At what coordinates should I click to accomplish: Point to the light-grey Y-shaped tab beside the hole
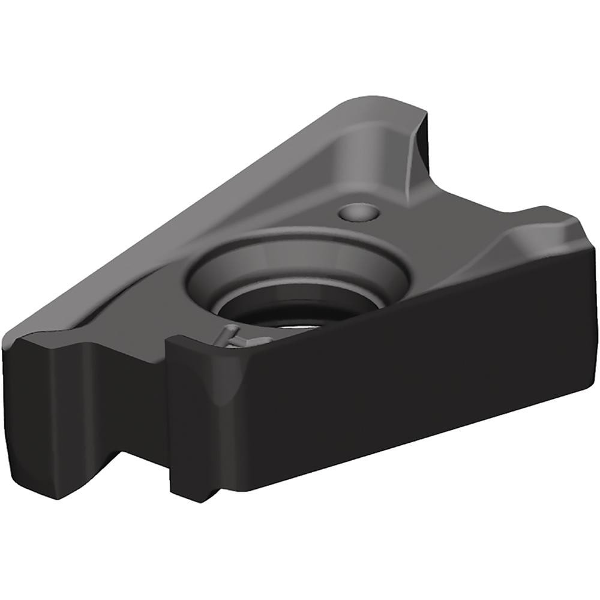(x=231, y=336)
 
